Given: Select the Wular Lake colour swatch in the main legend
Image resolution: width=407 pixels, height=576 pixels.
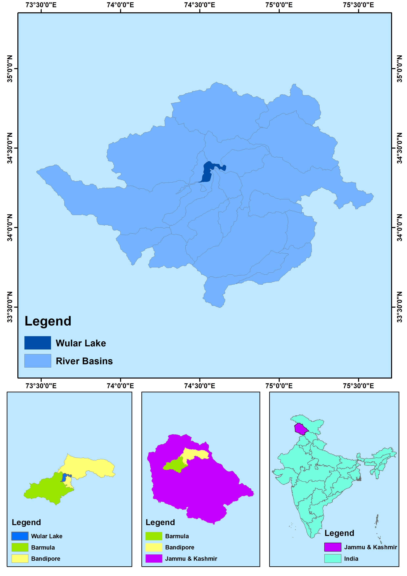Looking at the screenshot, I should pos(38,343).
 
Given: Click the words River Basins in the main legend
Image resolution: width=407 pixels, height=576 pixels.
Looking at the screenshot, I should pos(84,361).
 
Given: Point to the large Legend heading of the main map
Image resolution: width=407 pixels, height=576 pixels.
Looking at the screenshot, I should pos(48,321).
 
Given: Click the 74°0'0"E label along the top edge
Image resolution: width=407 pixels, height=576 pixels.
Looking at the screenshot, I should pos(120,5).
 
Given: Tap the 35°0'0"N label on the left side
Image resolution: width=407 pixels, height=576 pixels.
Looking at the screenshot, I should pos(10,69).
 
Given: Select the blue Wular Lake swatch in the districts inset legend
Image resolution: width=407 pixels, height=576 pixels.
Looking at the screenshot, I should pos(20,536).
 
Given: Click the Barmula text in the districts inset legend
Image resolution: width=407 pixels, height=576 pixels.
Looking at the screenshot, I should pos(43,547).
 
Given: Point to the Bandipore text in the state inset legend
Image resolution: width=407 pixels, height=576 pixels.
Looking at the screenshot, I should pos(180,547).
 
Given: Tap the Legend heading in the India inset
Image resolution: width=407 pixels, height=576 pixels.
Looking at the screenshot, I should pos(339,533).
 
